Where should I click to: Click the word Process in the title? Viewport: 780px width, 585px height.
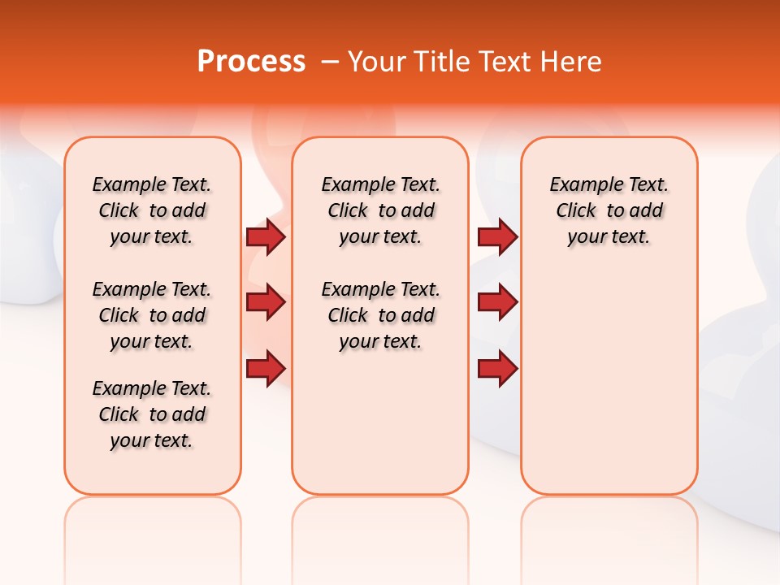click(251, 62)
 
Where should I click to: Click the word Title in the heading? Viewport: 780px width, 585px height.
click(440, 62)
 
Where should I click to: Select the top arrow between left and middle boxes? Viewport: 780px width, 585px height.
click(265, 237)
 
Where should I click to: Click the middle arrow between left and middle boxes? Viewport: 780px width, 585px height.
click(265, 303)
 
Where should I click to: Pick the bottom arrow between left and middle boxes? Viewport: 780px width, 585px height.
click(265, 369)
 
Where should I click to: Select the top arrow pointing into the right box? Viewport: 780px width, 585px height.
click(497, 237)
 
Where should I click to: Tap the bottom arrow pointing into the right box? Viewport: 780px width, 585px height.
click(497, 369)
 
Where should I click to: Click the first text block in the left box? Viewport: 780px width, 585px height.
click(152, 211)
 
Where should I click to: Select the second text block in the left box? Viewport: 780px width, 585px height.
click(152, 315)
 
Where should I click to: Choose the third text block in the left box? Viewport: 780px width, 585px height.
click(152, 414)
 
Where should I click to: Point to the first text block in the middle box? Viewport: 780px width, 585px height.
click(380, 211)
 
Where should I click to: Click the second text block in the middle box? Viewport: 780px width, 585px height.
click(380, 315)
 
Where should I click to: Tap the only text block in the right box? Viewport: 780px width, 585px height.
click(609, 211)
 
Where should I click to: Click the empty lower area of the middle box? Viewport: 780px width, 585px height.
click(380, 422)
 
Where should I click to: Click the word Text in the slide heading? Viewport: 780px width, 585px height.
click(503, 62)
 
